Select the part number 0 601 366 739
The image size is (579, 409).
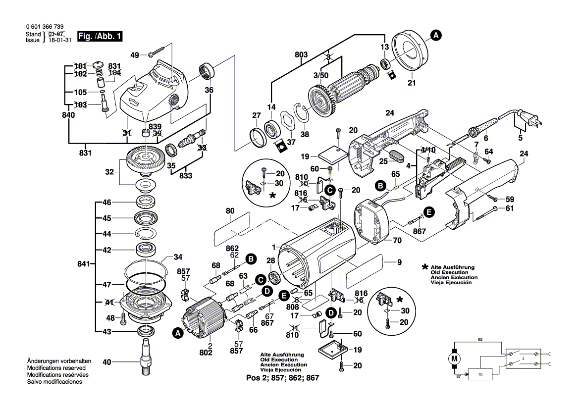(44, 27)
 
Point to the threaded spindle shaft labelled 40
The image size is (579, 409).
(148, 356)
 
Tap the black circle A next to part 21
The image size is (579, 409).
(435, 35)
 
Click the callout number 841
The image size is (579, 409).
(84, 265)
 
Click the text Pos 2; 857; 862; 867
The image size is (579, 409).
(282, 377)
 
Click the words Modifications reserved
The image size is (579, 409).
(56, 368)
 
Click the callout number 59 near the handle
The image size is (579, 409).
(510, 200)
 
